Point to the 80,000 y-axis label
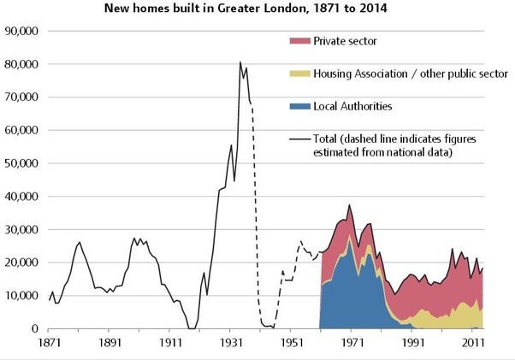(x=23, y=64)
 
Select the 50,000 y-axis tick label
(x=23, y=163)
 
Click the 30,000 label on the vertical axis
(x=23, y=229)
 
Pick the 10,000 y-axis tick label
(x=23, y=296)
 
